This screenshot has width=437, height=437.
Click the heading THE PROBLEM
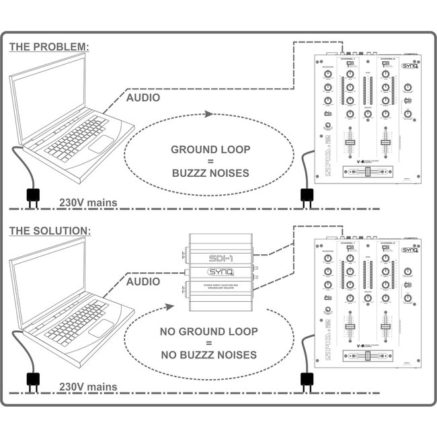[x=48, y=47]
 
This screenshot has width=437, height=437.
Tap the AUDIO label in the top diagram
[x=143, y=97]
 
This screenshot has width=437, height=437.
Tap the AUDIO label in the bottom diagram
[x=143, y=282]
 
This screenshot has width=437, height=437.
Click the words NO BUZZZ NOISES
[x=208, y=355]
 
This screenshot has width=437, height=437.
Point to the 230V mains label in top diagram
[x=88, y=202]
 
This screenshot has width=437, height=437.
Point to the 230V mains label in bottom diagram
[x=88, y=387]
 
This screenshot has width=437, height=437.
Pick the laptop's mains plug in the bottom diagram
[x=32, y=381]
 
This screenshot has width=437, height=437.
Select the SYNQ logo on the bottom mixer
[x=409, y=249]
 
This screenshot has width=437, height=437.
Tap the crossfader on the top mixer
[x=368, y=173]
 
